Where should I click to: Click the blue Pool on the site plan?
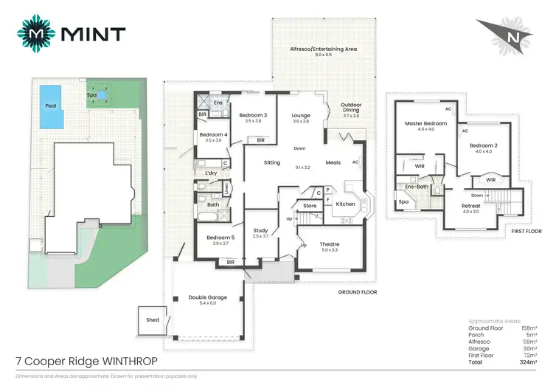[x=49, y=104]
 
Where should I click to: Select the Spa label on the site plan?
[x=92, y=94]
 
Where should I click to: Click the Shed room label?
[x=153, y=319]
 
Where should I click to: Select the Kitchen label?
[x=345, y=204]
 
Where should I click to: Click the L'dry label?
[x=211, y=173]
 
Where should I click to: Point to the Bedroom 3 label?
[x=253, y=115]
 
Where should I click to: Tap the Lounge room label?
[x=300, y=115]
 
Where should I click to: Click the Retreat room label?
[x=470, y=206]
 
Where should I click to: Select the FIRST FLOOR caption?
[x=525, y=231]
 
